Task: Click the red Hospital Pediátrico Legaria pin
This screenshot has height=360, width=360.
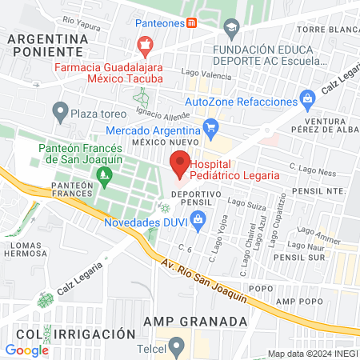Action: pyautogui.click(x=180, y=163)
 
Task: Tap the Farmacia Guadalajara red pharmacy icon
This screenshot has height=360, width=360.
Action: pyautogui.click(x=145, y=46)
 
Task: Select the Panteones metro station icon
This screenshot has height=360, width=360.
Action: pyautogui.click(x=191, y=22)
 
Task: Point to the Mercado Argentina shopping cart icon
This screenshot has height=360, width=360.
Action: pyautogui.click(x=210, y=126)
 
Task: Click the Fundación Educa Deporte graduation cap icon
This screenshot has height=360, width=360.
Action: pyautogui.click(x=231, y=30)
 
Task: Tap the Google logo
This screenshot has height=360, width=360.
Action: pyautogui.click(x=26, y=350)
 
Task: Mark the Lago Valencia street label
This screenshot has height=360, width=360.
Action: pyautogui.click(x=201, y=73)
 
